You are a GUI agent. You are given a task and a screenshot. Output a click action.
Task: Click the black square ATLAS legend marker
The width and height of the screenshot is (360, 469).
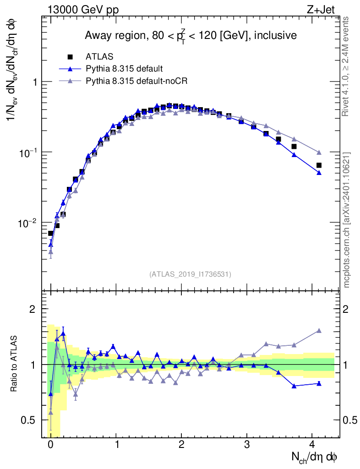pos(70,57)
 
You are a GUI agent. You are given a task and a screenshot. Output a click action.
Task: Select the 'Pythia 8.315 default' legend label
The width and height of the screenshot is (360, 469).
pos(124,69)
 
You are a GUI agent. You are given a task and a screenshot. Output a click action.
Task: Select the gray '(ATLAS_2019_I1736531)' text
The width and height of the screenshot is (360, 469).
pos(190,274)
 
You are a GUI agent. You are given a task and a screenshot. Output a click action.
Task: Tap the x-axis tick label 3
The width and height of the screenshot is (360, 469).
pos(247,445)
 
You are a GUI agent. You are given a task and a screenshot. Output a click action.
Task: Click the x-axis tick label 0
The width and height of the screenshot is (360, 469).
pos(50,445)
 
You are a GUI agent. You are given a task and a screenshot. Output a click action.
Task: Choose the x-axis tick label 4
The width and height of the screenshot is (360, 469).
pos(312,445)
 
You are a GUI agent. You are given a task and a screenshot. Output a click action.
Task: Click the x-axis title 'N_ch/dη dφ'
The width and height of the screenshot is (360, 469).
pos(315,457)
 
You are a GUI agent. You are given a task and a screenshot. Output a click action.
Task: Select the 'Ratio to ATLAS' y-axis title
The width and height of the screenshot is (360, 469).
pos(14,365)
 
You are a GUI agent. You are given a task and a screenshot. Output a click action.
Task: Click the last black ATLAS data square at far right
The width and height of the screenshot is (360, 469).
pos(319,165)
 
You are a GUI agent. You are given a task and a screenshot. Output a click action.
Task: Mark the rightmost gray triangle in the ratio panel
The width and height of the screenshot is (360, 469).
pos(319,330)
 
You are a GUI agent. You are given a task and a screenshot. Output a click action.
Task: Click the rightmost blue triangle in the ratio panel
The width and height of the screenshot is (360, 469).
pos(319,383)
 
